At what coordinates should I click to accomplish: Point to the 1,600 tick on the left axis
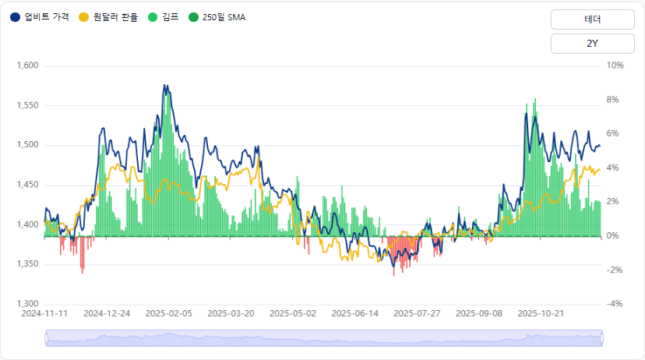(x=27, y=65)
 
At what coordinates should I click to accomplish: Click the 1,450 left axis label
(x=27, y=185)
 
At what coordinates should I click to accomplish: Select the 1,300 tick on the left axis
(x=27, y=304)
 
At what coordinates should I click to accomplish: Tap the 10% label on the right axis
(x=615, y=65)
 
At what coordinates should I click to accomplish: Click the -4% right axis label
(x=615, y=304)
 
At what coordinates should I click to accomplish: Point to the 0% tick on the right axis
(x=614, y=236)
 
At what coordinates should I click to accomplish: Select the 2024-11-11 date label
(x=44, y=313)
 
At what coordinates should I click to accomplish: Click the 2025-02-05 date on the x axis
(x=168, y=313)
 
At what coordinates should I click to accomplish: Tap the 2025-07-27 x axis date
(x=417, y=313)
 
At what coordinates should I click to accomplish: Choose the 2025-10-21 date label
(x=541, y=313)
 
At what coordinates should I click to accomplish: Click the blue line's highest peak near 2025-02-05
(x=164, y=85)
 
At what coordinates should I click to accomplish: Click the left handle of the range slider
(x=46, y=337)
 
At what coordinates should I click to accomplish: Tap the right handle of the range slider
(x=601, y=337)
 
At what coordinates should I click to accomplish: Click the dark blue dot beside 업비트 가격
(x=15, y=17)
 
